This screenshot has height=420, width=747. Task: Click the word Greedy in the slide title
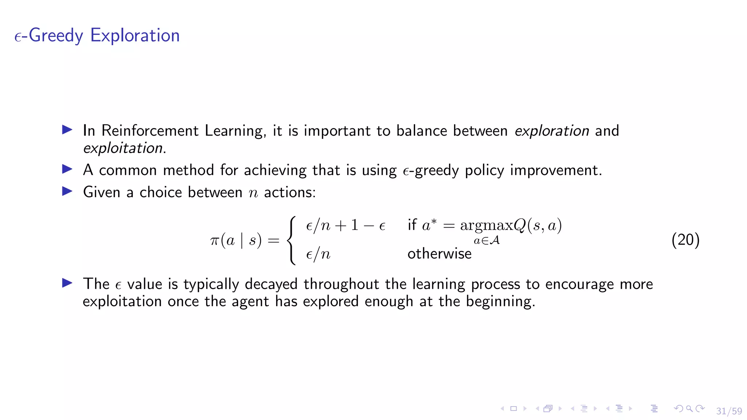point(56,36)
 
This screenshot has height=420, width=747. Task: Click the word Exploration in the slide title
point(135,36)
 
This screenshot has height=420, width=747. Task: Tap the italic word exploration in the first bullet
point(551,131)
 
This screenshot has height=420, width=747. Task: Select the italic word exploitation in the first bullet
point(123,148)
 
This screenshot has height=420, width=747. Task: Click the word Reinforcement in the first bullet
point(150,131)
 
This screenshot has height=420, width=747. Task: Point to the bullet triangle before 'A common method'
point(67,169)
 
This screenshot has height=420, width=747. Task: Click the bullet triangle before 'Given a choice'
point(67,191)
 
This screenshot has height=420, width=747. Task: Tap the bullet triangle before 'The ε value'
point(67,283)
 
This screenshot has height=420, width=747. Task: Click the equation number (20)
point(685,240)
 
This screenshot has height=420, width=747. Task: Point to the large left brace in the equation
point(291,240)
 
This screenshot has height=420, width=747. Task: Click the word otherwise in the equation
point(439,254)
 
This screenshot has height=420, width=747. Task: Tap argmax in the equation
point(487,226)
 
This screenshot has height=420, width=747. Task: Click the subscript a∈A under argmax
point(487,241)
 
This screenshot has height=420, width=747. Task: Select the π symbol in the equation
point(214,241)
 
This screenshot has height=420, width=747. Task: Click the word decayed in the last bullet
point(271,284)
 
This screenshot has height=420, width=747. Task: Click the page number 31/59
point(729,411)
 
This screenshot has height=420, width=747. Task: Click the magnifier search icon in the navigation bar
point(689,409)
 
